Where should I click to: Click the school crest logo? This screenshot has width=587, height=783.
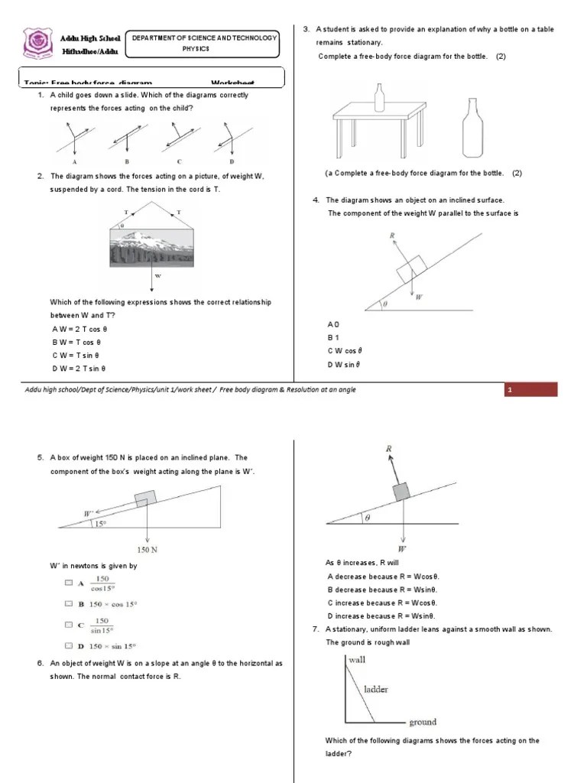[37, 43]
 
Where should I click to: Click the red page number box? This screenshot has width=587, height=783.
[531, 391]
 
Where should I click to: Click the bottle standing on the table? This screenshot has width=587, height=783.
[378, 98]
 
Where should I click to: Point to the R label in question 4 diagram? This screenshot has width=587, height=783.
[392, 236]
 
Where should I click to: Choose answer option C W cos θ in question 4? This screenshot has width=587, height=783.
[344, 351]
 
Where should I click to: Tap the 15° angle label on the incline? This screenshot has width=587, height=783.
[99, 524]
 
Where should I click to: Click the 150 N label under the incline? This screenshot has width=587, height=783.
[148, 548]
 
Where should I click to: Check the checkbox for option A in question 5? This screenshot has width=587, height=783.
[69, 583]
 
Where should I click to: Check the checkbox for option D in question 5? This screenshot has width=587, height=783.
[69, 648]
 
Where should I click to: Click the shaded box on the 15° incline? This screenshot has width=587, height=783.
[144, 499]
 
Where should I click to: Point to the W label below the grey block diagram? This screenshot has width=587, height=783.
[402, 548]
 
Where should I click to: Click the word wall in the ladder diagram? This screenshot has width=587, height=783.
[357, 658]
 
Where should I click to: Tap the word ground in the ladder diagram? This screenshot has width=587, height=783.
[423, 721]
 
